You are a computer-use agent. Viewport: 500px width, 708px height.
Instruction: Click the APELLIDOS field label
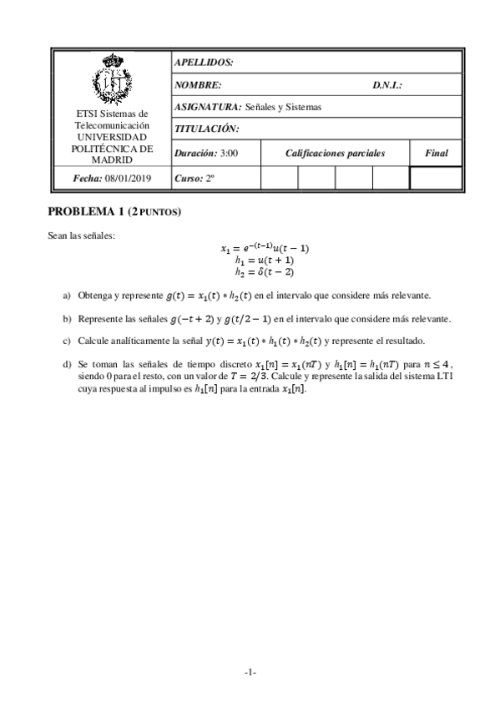pyautogui.click(x=204, y=63)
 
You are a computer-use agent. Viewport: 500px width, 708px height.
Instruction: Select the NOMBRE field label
pyautogui.click(x=198, y=85)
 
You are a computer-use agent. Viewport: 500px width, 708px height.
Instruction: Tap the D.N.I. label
pyautogui.click(x=388, y=85)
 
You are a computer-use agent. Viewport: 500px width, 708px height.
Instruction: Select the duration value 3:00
pyautogui.click(x=230, y=154)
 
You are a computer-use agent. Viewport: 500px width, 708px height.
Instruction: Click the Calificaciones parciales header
pyautogui.click(x=335, y=154)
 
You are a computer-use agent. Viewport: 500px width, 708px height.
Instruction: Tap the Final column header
pyautogui.click(x=436, y=154)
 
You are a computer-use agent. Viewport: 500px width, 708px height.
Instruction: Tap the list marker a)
pyautogui.click(x=67, y=296)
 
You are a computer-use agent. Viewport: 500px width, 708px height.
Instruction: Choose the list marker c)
pyautogui.click(x=67, y=341)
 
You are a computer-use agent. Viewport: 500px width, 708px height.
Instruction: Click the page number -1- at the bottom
pyautogui.click(x=250, y=673)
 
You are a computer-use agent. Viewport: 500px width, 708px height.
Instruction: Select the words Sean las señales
pyautogui.click(x=82, y=235)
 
